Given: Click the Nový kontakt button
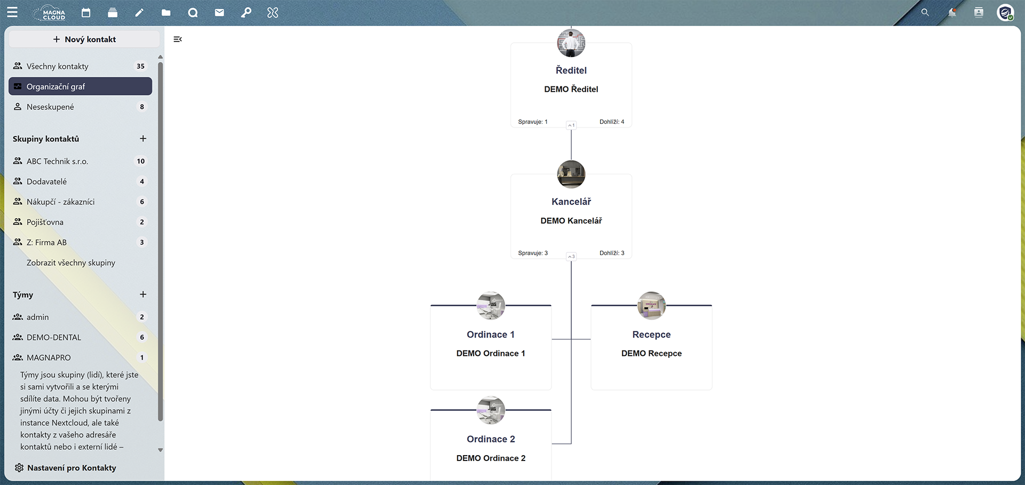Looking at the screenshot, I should click(x=84, y=39).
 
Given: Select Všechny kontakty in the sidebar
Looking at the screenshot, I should click(x=58, y=66).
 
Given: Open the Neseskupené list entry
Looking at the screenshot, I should click(x=50, y=107).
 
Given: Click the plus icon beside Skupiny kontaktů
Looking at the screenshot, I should click(x=143, y=139).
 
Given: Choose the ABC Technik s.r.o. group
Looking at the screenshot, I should click(x=57, y=161).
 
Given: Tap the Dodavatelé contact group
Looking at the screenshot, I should click(x=46, y=181).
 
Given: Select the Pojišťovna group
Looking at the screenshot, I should click(x=45, y=222).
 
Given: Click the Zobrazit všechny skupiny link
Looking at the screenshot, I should click(x=71, y=263).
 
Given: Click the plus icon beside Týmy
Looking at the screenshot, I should click(x=143, y=295).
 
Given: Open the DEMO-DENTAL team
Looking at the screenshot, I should click(x=54, y=337).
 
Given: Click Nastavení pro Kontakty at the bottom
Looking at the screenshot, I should click(x=72, y=468).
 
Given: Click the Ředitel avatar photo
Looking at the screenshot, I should click(x=571, y=43).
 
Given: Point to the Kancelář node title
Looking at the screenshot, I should click(x=571, y=202).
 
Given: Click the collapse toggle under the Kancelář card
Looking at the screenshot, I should click(x=571, y=257).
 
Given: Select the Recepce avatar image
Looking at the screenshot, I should click(x=651, y=306).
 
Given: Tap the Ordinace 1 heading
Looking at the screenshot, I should click(x=491, y=335).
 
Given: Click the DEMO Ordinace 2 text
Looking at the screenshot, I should click(x=491, y=458).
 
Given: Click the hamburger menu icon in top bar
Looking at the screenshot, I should click(x=12, y=12).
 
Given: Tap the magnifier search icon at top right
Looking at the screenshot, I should click(x=925, y=12).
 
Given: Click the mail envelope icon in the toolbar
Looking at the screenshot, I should click(x=219, y=13).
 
